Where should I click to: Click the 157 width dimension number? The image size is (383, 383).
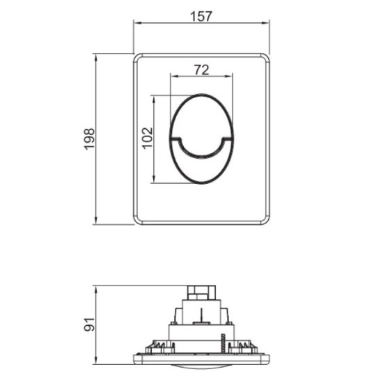201,13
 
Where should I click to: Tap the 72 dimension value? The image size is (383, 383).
201,70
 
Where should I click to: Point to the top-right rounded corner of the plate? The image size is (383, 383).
265,58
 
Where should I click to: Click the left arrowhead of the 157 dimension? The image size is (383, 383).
136,22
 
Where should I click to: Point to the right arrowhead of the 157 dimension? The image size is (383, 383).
267,22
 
